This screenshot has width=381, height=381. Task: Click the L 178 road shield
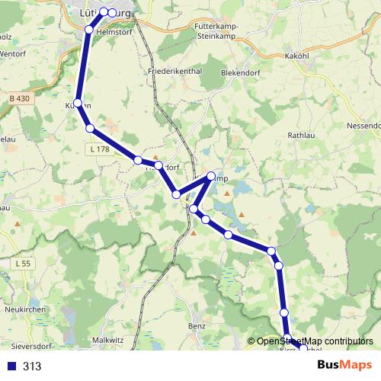[x=98, y=149]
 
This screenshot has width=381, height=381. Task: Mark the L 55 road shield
[x=24, y=264]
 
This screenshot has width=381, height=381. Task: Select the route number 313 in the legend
[x=32, y=366]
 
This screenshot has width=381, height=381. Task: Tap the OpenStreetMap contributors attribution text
[x=314, y=341]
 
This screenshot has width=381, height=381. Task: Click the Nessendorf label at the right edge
[x=363, y=124]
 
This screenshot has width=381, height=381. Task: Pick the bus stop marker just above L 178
[x=90, y=129]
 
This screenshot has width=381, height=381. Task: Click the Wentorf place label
[x=13, y=55]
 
